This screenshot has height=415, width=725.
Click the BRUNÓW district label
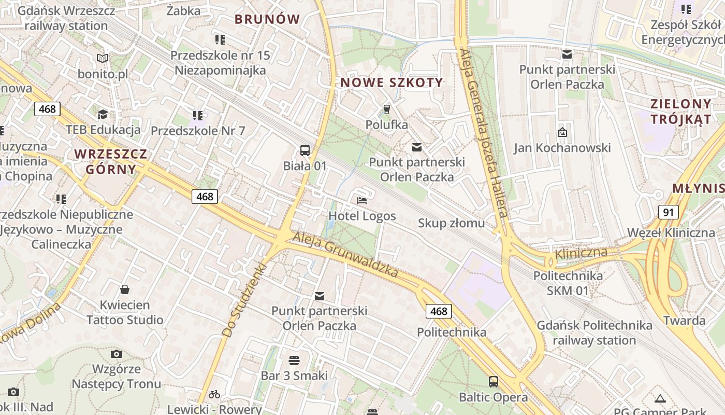[x=267, y=19]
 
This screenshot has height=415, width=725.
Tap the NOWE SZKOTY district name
[x=392, y=82]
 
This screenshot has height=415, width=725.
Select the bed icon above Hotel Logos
[x=362, y=200]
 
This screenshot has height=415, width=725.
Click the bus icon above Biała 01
[x=305, y=150]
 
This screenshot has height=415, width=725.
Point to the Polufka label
[x=386, y=125]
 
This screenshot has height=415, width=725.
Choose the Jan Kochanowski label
[x=562, y=148]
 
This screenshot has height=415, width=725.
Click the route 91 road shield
[x=669, y=212]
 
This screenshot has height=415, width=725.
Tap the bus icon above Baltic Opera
[x=494, y=382]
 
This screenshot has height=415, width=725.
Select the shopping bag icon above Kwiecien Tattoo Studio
[x=124, y=289]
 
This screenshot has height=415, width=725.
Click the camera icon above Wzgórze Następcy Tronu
[x=117, y=354]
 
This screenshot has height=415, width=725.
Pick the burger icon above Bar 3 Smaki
[x=294, y=360]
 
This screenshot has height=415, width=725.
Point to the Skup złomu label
[x=451, y=223]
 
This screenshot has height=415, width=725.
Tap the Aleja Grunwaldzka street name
[x=345, y=254]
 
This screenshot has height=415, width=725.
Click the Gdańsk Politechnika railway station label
[x=594, y=333]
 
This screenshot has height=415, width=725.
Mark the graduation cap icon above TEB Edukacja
[x=103, y=114]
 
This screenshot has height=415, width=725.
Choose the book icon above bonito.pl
[x=103, y=59]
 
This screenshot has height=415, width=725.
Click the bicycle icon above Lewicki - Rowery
[x=214, y=394]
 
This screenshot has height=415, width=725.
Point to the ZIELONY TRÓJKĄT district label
[x=680, y=111]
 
